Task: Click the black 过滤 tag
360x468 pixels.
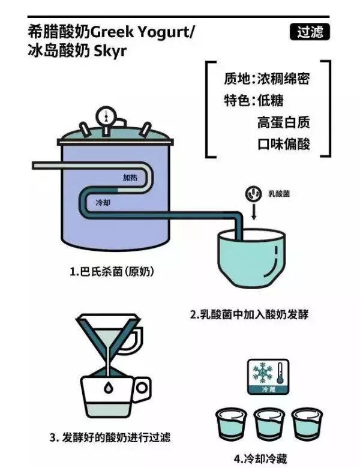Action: tap(310, 32)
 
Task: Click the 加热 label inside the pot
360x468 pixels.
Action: tap(132, 178)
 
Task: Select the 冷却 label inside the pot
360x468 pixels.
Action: tap(104, 203)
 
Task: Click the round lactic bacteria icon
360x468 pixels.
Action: tap(253, 193)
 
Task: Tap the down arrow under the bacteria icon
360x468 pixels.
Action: tap(253, 213)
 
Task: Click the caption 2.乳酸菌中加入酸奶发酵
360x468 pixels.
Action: tap(249, 314)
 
